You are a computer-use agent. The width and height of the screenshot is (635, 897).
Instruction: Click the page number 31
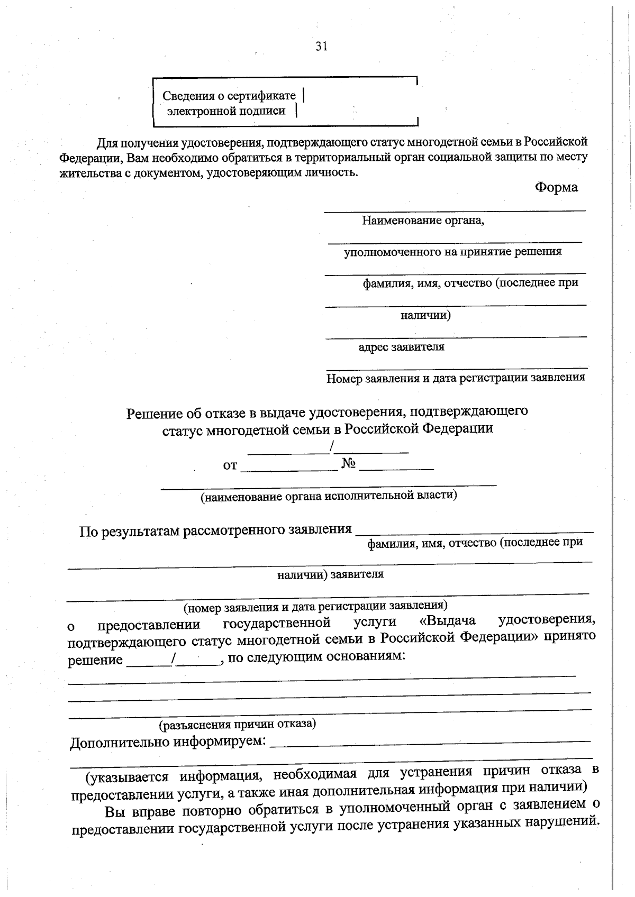[x=321, y=47]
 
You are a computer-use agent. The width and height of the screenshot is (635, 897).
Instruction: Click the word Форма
[x=556, y=187]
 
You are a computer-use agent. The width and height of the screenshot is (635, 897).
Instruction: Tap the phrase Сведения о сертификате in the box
[x=229, y=96]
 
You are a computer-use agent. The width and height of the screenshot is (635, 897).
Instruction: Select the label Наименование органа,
[x=423, y=220]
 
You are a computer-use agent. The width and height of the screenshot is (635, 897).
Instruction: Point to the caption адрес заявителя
[x=401, y=347]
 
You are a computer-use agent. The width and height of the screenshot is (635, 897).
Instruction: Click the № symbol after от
[x=348, y=464]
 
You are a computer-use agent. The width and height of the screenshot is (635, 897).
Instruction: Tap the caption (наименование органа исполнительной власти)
[x=328, y=496]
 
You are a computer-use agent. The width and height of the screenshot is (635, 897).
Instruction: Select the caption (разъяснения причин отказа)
[x=238, y=724]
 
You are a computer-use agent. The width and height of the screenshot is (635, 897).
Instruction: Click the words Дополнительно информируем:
[x=168, y=742]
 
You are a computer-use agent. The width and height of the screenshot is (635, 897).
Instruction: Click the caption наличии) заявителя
[x=330, y=574]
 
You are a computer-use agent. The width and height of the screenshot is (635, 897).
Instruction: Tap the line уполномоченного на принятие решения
[x=452, y=252]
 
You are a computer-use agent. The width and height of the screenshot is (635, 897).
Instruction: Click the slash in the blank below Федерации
[x=331, y=448]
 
